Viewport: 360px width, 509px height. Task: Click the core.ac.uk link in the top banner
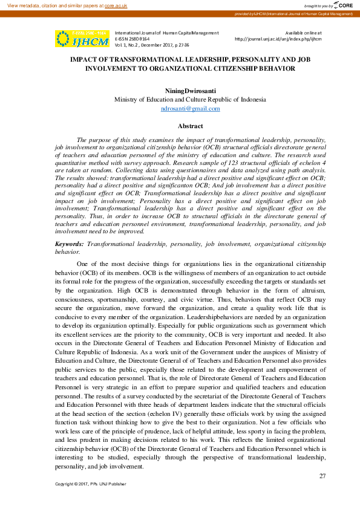coord(116,5)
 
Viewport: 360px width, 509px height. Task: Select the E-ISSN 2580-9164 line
coord(133,39)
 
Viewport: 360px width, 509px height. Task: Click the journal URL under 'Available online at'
coord(278,39)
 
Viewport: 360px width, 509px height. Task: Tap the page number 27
coord(322,476)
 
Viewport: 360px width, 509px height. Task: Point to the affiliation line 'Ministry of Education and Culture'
coord(190,99)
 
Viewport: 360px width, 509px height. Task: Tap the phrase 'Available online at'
coord(303,32)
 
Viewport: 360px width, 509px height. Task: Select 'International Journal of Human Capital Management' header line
coord(166,32)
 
